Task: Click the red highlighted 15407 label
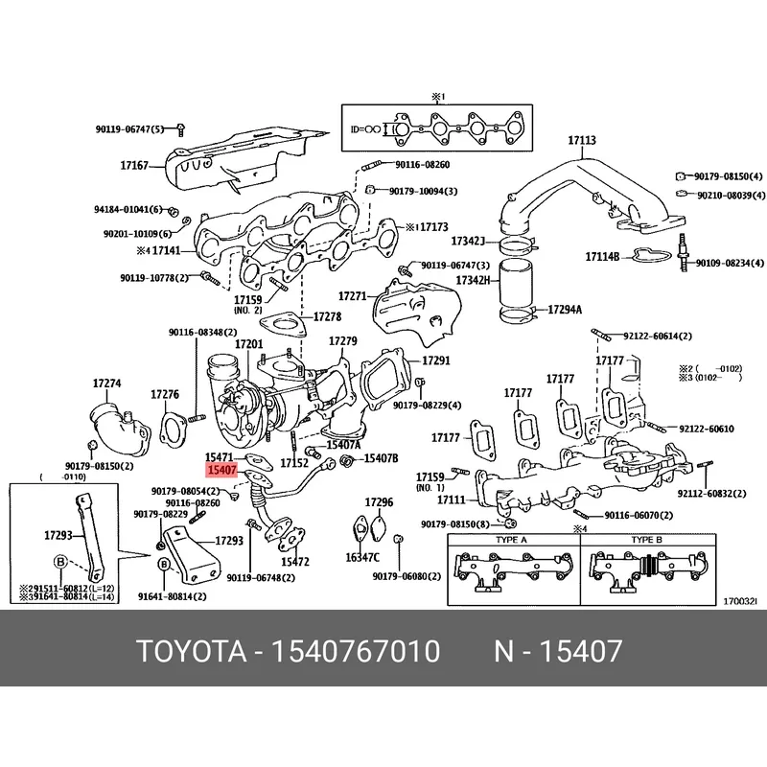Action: (221, 471)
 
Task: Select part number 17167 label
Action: (134, 166)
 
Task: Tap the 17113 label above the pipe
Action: (581, 141)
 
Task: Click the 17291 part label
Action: (436, 360)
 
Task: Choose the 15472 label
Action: (294, 561)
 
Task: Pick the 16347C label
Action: (362, 556)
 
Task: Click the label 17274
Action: (106, 383)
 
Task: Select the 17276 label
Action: (165, 394)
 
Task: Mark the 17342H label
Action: (472, 280)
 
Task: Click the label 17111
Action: (450, 500)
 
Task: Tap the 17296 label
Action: (379, 502)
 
